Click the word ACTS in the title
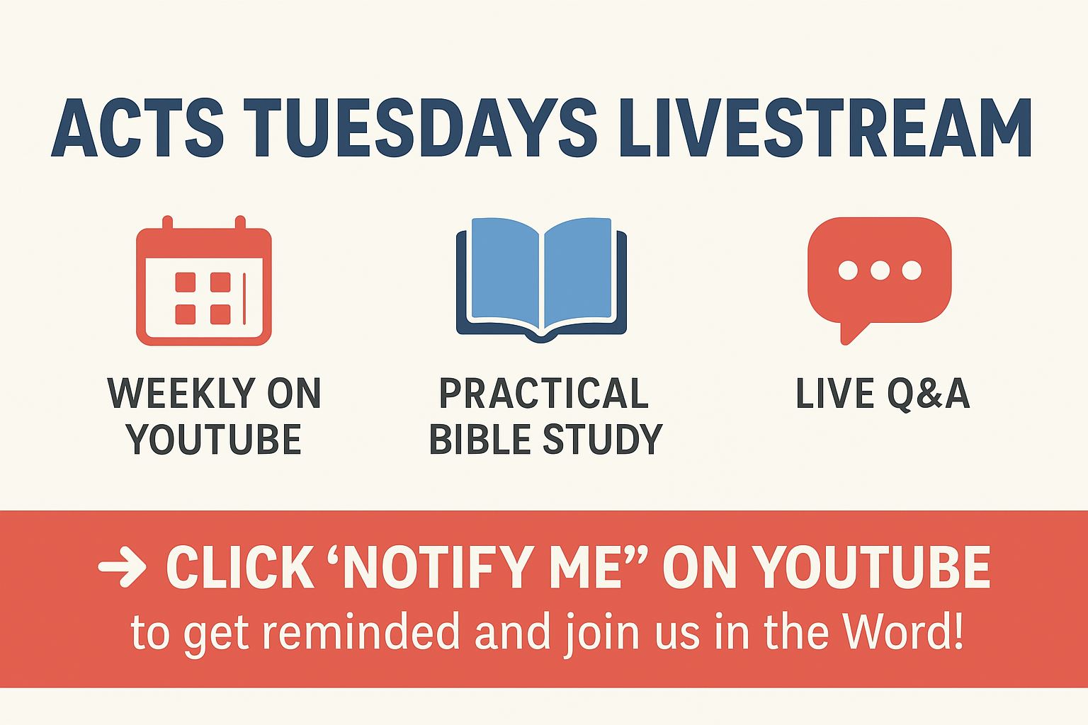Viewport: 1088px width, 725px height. click(x=137, y=127)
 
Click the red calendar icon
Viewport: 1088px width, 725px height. click(x=203, y=280)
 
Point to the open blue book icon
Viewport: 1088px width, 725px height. click(x=541, y=280)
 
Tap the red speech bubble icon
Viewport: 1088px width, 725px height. click(x=879, y=280)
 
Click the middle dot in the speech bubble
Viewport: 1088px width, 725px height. click(x=880, y=270)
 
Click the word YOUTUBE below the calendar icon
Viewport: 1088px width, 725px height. click(x=214, y=439)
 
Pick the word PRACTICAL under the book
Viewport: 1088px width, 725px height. click(x=543, y=393)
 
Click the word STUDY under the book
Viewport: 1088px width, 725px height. click(x=602, y=439)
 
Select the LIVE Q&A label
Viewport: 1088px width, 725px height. click(x=883, y=394)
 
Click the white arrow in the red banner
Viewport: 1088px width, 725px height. click(x=122, y=566)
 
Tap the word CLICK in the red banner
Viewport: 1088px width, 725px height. click(x=240, y=566)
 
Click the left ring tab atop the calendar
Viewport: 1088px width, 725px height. click(x=168, y=223)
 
